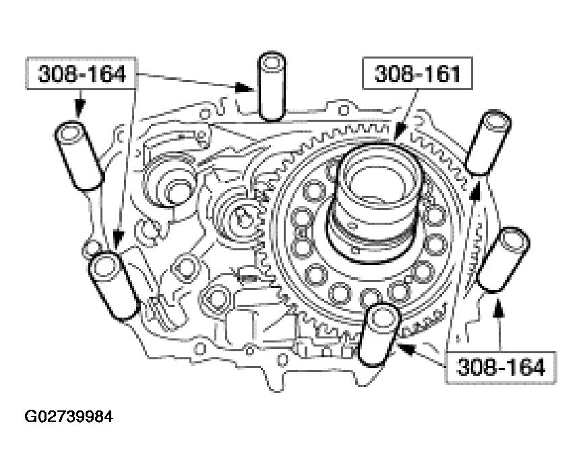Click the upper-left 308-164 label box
pos(82,74)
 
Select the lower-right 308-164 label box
pos(500,367)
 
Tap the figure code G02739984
pos(69,416)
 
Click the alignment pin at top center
pos(272,87)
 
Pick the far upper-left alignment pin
pos(80,154)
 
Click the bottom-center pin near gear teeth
pos(379,334)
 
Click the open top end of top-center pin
pos(272,64)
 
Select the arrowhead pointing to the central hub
pos(396,138)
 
